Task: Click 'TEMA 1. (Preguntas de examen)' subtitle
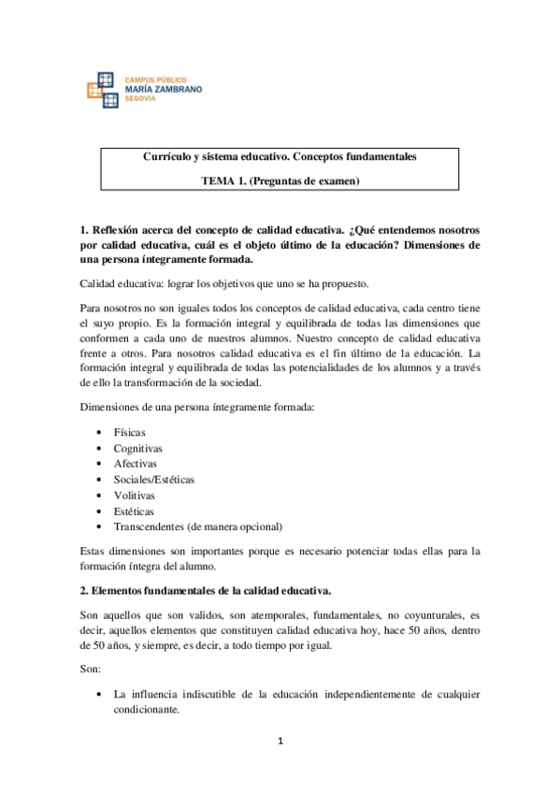click(280, 181)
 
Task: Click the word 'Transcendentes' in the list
click(149, 526)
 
